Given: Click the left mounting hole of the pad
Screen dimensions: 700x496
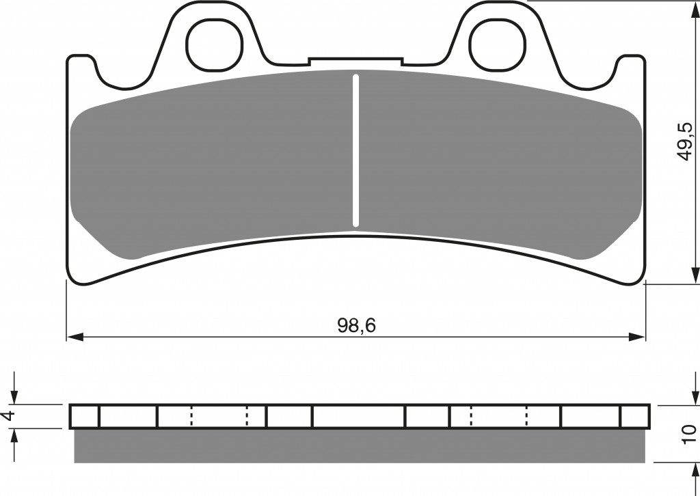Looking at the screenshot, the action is coord(215,46).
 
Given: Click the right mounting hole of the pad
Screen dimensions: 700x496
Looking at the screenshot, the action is coord(497,46).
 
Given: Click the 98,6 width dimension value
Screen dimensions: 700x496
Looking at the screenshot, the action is coord(357,326).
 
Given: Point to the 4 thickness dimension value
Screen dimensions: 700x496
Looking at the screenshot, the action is coord(8,415).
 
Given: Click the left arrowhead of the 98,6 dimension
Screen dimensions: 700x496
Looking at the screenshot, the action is coord(75,337).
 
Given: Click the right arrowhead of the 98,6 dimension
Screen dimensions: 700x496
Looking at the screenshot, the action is coord(636,337).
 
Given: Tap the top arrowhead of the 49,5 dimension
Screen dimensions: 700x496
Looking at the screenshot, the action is coord(695,9).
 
